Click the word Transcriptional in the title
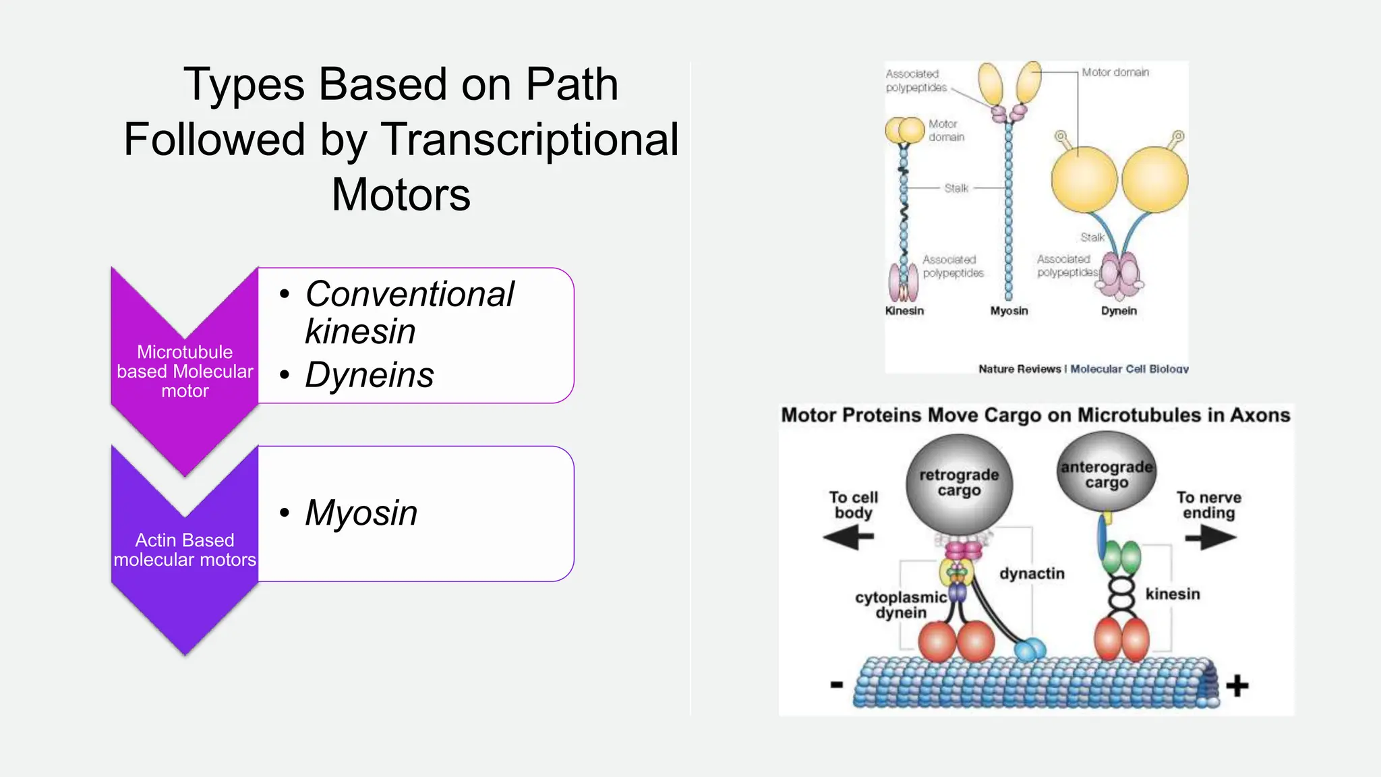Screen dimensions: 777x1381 (x=530, y=140)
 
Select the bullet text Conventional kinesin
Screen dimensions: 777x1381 (x=409, y=312)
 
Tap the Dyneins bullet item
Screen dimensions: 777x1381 (x=369, y=375)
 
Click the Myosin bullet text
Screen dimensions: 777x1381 (x=361, y=513)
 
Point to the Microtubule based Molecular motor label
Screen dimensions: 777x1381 (x=185, y=372)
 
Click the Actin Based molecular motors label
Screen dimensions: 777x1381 (x=185, y=550)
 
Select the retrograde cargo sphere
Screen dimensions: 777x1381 (x=959, y=483)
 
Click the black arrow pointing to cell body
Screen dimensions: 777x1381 (x=848, y=538)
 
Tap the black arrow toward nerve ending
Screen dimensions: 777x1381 (x=1211, y=538)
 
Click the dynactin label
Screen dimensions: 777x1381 (x=1032, y=574)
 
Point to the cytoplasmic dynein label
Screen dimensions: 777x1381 (x=901, y=605)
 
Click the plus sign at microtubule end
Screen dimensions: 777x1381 (x=1237, y=686)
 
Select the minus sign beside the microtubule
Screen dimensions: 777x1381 (x=837, y=685)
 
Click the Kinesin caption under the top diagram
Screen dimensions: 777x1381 (x=904, y=311)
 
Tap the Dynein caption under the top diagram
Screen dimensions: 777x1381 (x=1119, y=311)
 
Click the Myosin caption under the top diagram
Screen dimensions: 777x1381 (x=1009, y=311)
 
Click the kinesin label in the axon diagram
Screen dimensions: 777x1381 (x=1173, y=594)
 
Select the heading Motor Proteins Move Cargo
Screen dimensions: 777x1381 (x=1035, y=415)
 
